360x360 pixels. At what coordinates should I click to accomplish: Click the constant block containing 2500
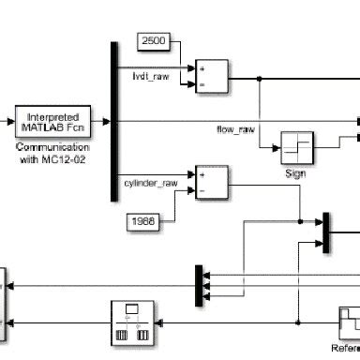[x=154, y=40]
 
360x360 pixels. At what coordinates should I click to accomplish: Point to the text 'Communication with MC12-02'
[x=52, y=153]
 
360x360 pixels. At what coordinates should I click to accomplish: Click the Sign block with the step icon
[x=297, y=146]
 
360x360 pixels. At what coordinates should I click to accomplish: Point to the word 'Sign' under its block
[x=297, y=172]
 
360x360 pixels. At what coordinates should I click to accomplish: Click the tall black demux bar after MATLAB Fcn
[x=113, y=121]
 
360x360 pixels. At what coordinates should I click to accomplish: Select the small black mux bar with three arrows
[x=199, y=284]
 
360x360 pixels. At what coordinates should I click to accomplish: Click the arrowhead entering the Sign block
[x=277, y=146]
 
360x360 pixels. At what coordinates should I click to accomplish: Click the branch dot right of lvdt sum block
[x=258, y=79]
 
